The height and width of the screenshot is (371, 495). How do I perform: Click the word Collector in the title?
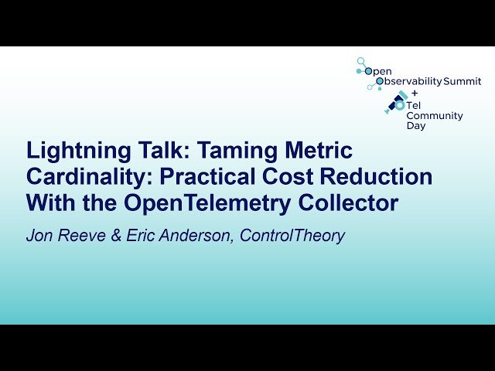357,203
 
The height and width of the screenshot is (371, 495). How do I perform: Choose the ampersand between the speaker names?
114,236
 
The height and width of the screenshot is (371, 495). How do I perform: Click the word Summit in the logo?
463,81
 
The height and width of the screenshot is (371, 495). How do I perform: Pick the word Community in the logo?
435,116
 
